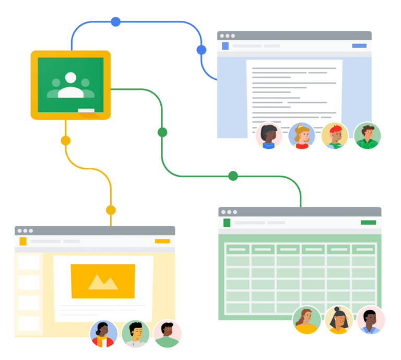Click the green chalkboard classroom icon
(70, 84)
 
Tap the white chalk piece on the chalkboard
(86, 110)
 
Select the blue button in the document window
(359, 46)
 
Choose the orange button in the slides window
(162, 241)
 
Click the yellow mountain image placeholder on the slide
(103, 281)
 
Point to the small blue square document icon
(225, 46)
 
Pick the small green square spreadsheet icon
(227, 223)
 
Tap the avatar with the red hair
(335, 136)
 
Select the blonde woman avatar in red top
(302, 136)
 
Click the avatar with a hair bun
(339, 320)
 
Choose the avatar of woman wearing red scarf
(103, 334)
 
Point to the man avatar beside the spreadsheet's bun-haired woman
(371, 320)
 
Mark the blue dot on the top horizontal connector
(115, 22)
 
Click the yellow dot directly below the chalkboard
(65, 141)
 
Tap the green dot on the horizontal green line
(233, 176)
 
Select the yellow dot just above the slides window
(111, 210)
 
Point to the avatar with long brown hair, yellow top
(306, 320)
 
